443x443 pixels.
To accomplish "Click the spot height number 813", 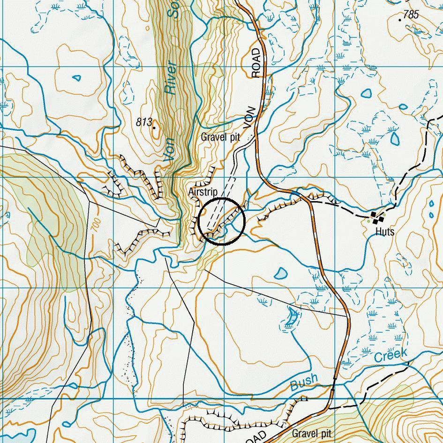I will tap(144, 122).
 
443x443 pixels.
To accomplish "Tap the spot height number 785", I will tap(411, 15).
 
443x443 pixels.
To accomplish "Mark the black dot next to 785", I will tap(400, 20).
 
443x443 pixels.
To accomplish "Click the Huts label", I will tap(385, 232).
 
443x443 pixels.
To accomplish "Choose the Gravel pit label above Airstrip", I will tap(220, 137).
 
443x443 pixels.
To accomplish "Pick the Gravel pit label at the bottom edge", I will tap(311, 434).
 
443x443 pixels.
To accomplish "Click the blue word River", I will tap(172, 78).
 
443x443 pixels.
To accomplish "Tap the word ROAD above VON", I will tap(256, 62).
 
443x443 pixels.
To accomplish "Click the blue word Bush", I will tap(304, 382).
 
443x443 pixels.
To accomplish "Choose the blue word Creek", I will tap(390, 355).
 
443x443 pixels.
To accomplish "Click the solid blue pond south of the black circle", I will tap(281, 272).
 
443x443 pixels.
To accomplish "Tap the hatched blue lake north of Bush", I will tap(291, 317).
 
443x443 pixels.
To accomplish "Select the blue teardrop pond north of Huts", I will tap(395, 137).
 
